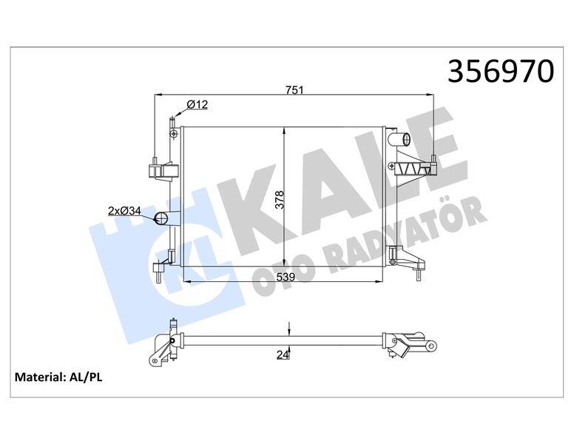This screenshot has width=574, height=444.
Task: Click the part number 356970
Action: click(502, 72)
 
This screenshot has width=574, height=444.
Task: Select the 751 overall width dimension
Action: click(296, 90)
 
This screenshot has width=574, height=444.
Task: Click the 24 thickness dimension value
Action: click(282, 355)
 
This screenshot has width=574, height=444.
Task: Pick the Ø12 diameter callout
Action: click(196, 105)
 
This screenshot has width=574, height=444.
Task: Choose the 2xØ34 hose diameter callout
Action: click(124, 211)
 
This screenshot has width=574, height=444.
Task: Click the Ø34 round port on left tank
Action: click(162, 218)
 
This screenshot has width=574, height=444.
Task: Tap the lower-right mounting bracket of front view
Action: click(411, 263)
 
